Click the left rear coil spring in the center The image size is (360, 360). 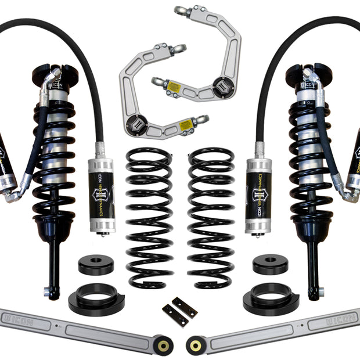(x=149, y=218)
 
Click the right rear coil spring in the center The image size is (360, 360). (x=211, y=218)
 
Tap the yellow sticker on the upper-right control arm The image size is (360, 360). (x=174, y=88)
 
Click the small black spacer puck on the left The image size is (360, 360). (x=96, y=265)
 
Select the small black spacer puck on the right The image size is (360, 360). (x=270, y=265)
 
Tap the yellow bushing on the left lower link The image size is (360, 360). (x=164, y=346)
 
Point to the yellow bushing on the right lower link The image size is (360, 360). (x=195, y=346)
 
